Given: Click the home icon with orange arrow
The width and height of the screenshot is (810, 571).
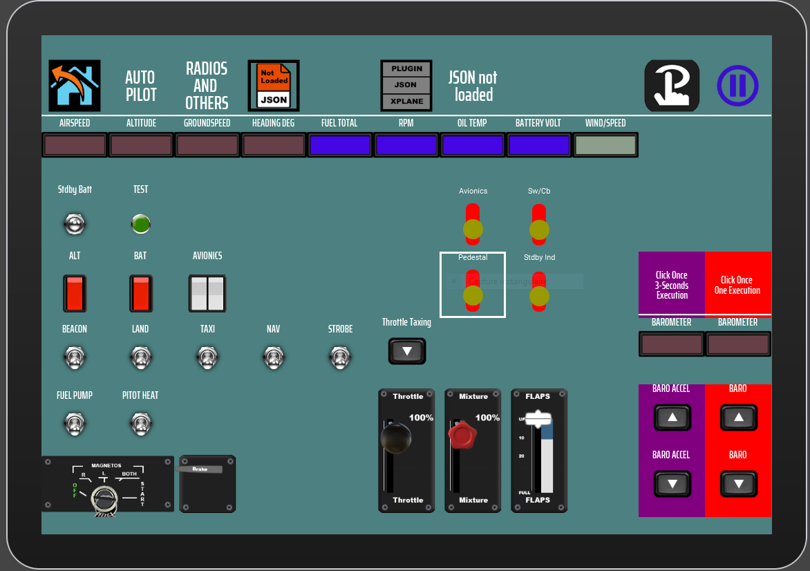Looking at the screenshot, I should tap(75, 86).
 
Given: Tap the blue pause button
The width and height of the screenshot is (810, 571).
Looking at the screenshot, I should tap(737, 86).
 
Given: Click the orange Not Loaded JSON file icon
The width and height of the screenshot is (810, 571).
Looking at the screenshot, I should tap(274, 86).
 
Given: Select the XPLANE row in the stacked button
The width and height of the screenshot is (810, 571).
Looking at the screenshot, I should tap(406, 101).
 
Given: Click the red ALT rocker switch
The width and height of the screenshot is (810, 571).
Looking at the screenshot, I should tap(75, 293).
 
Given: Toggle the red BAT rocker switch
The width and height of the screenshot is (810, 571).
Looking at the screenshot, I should tap(141, 293).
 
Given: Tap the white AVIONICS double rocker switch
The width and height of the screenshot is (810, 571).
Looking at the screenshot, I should tap(207, 293).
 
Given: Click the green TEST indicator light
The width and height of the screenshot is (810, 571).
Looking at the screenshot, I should tap(141, 224).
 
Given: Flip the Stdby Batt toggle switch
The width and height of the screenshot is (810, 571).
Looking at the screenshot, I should tap(75, 223).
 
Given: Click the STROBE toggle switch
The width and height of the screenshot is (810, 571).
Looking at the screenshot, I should tap(340, 357).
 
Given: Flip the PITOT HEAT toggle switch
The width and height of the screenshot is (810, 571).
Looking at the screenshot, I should tap(141, 423).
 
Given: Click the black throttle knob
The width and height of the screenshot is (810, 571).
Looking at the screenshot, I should tap(396, 438).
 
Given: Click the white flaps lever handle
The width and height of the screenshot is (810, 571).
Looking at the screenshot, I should tap(538, 419).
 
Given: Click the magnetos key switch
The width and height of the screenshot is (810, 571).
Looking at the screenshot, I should tap(106, 498).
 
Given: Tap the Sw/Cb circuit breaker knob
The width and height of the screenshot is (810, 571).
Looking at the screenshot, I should tap(539, 230).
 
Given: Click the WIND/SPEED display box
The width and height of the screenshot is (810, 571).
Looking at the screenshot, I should tap(605, 145).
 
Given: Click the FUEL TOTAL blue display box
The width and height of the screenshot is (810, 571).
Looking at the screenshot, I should tap(340, 145).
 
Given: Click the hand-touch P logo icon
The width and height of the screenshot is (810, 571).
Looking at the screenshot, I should tap(672, 86).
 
